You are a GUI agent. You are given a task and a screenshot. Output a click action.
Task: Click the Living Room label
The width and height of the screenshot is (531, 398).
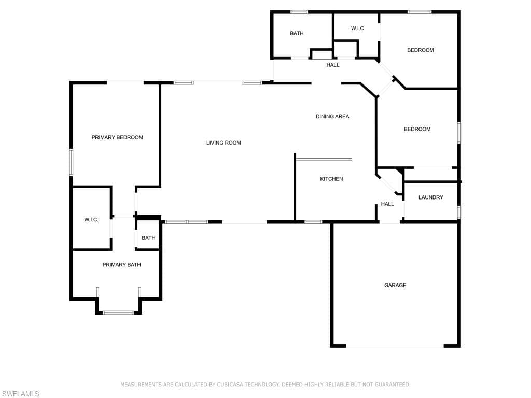[223, 143]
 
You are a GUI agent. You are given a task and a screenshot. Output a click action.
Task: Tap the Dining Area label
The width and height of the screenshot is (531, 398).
[332, 117]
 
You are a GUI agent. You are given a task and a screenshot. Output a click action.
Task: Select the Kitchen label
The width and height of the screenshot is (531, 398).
[331, 179]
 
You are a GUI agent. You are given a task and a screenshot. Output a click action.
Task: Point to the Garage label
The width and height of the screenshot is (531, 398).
[395, 286]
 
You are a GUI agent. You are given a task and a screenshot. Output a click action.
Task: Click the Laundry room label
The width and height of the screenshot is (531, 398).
[431, 197]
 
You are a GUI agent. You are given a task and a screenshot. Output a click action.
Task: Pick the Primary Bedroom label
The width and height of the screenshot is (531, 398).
[117, 137]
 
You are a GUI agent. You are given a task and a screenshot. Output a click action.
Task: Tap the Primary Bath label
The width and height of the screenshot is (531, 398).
[121, 265]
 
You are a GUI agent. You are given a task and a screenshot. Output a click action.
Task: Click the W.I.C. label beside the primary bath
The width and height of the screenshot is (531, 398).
[91, 220]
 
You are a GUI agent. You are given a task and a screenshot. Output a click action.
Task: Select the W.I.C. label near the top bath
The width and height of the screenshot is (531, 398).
[358, 29]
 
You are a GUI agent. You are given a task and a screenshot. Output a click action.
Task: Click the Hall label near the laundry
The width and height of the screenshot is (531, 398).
[387, 204]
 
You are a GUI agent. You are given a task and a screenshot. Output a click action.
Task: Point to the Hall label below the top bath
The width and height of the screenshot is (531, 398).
[333, 65]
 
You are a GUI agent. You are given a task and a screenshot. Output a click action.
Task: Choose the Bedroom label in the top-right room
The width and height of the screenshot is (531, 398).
[420, 50]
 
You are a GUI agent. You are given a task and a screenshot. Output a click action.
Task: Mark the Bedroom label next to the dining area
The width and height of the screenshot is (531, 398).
[417, 129]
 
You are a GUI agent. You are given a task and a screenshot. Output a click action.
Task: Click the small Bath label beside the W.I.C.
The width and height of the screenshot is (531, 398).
[148, 238]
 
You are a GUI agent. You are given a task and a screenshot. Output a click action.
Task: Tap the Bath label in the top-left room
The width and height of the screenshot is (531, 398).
[297, 33]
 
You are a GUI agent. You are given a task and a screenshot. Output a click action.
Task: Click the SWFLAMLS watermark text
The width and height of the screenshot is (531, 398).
[20, 394]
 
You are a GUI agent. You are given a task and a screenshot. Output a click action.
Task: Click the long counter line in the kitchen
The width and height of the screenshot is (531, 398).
[324, 159]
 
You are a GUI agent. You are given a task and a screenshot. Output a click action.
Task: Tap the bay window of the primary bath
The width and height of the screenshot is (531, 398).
[119, 312]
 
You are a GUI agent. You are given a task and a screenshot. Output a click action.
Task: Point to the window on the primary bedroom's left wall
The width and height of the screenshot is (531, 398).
[71, 162]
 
